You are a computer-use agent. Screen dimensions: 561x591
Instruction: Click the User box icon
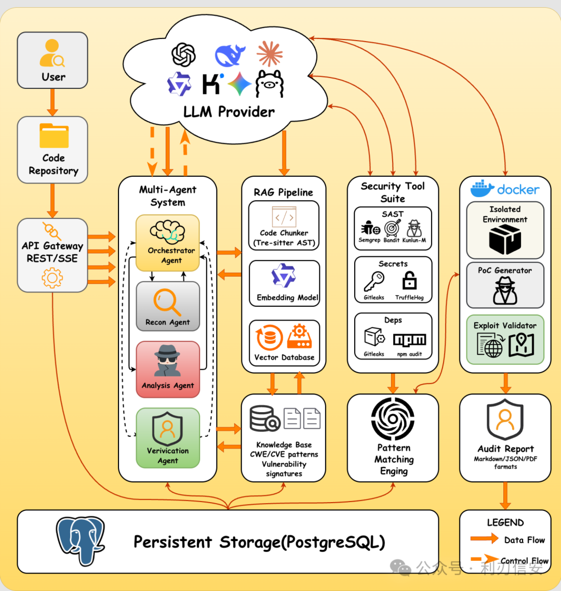(52, 53)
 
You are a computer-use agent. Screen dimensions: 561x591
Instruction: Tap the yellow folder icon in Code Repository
(54, 135)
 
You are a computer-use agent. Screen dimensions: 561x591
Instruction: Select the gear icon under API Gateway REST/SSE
(52, 278)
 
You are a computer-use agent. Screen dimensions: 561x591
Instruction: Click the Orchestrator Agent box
(168, 243)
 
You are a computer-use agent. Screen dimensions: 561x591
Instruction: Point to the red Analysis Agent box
(168, 370)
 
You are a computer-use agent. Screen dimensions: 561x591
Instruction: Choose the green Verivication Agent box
(168, 438)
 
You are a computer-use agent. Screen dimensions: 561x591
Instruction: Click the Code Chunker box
(284, 226)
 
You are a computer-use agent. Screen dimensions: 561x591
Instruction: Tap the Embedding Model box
(285, 283)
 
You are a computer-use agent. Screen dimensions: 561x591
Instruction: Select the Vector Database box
(285, 343)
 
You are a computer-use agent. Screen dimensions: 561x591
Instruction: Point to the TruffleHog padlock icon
(409, 280)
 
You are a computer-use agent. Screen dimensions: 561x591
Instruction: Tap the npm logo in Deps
(409, 339)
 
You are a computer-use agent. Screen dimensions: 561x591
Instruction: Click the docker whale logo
(482, 188)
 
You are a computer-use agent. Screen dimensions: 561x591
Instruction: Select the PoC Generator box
(505, 285)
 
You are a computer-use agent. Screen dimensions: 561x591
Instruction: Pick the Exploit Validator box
(505, 340)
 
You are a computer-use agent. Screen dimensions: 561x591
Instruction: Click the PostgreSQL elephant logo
(80, 541)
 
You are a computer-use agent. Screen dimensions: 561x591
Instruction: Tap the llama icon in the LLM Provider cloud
(270, 84)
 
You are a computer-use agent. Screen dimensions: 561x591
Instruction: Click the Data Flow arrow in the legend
(485, 538)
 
